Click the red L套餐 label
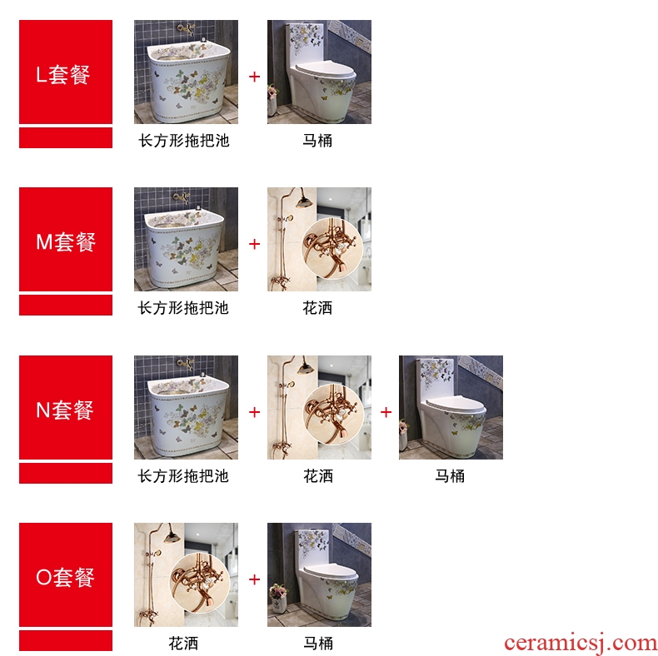coord(66,72)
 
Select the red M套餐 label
coord(66,239)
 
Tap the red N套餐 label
coord(66,407)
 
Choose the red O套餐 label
coord(66,574)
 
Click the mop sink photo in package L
coord(186,72)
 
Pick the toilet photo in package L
coord(319,72)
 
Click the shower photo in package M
coord(319,239)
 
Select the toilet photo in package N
coord(451,407)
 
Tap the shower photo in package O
coord(186,574)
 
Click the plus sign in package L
coord(254,77)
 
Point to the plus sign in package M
coord(254,244)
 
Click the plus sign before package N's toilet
coord(386,412)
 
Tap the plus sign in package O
coord(254,579)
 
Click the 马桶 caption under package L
coord(317,141)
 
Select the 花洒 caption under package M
coord(317,308)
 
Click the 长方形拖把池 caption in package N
coord(183,476)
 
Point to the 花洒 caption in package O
coord(183,643)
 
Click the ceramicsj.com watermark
coord(581,643)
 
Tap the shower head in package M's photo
coord(304,202)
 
